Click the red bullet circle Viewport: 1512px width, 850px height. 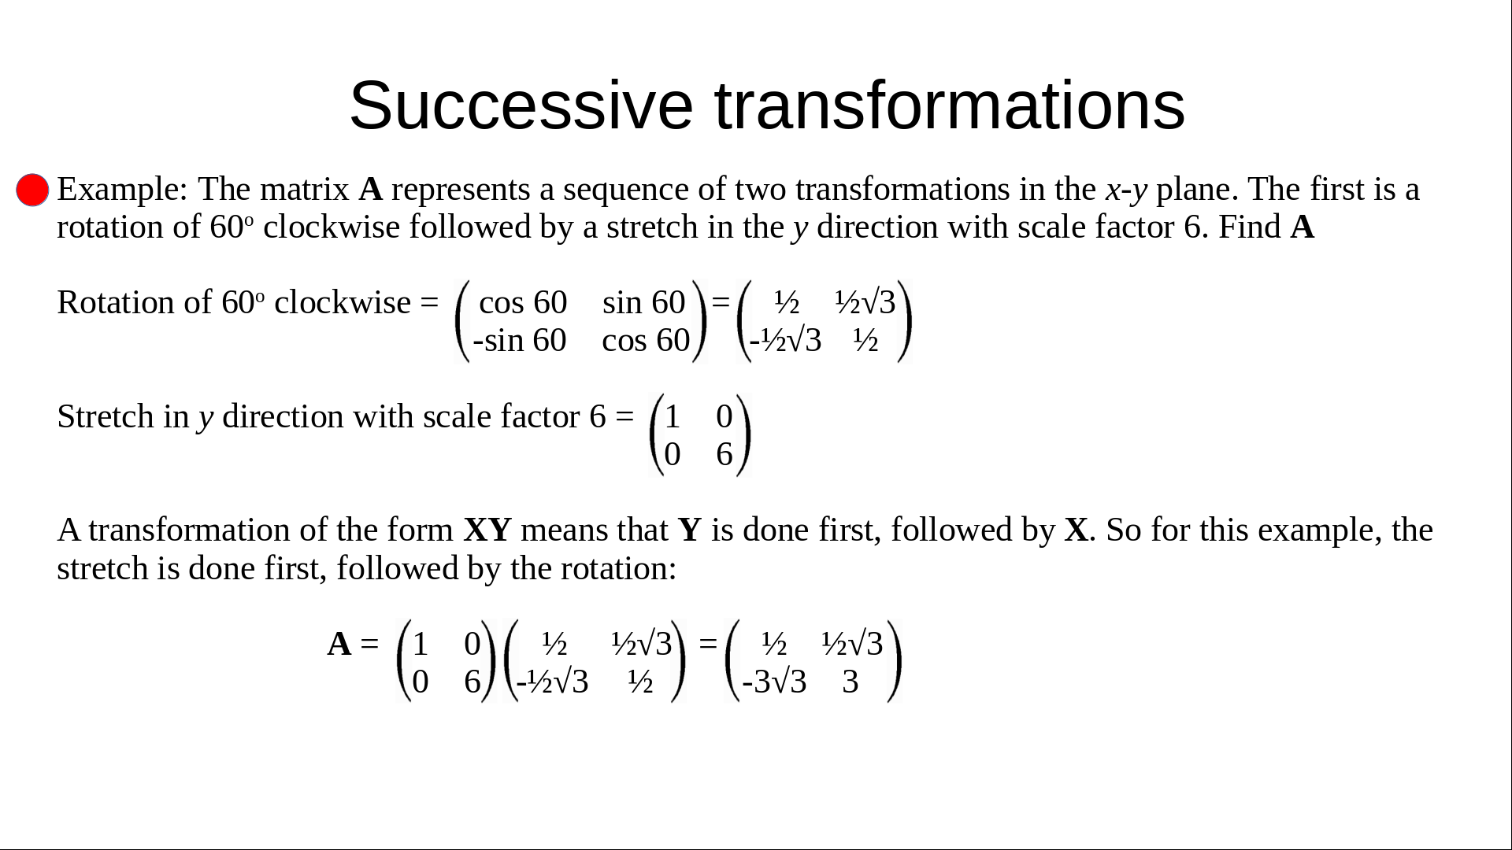[32, 190]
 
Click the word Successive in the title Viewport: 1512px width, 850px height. [521, 105]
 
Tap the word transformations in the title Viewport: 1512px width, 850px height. [950, 105]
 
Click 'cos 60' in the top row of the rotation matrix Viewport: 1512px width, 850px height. [523, 302]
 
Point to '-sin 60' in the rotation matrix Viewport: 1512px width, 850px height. [520, 340]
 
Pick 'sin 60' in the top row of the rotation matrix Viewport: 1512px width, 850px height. [643, 302]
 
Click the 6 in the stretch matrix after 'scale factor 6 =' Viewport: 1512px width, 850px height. [724, 454]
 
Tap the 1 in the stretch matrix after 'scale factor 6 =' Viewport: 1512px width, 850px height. [672, 416]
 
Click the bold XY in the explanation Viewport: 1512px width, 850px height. [487, 530]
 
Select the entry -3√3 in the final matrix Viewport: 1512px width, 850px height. [774, 682]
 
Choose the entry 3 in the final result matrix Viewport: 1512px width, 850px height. [850, 682]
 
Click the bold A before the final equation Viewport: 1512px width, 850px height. [339, 644]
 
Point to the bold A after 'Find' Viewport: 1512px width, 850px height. [1303, 227]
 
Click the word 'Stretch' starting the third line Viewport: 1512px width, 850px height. [106, 416]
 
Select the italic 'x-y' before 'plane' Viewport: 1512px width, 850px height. [1127, 190]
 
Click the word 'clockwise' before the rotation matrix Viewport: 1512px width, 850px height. [343, 302]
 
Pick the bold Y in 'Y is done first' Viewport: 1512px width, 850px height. [690, 530]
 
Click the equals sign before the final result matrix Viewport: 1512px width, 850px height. [708, 643]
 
